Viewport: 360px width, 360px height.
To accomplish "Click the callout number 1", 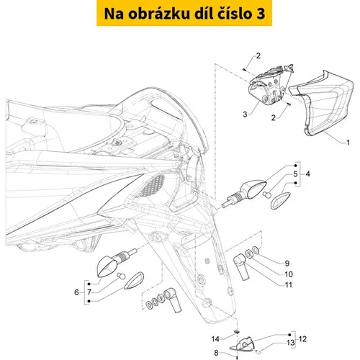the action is tap(348, 143).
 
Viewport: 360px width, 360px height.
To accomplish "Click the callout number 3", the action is tap(245, 114).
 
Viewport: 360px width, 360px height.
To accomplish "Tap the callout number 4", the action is tap(307, 174).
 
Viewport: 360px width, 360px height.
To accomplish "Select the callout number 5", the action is tap(295, 174).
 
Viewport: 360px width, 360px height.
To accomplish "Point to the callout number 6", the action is tap(76, 292).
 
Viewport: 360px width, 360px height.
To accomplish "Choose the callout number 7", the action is tap(89, 292).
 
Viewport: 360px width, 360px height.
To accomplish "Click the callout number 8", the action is tap(216, 353).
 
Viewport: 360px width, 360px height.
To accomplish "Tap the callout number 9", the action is tap(287, 264).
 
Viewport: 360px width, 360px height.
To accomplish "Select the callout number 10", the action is tap(288, 274).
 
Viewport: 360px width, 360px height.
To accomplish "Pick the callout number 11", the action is tap(288, 285).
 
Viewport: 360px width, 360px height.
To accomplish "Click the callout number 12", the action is tap(302, 339).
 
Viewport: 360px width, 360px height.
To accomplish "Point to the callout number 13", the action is tap(291, 343).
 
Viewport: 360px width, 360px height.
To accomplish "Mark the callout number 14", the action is tap(215, 339).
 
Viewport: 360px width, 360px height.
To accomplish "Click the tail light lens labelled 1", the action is tap(322, 103).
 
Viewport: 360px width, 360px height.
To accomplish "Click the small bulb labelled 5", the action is tap(266, 194).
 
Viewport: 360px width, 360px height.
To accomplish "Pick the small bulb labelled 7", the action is tap(122, 276).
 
